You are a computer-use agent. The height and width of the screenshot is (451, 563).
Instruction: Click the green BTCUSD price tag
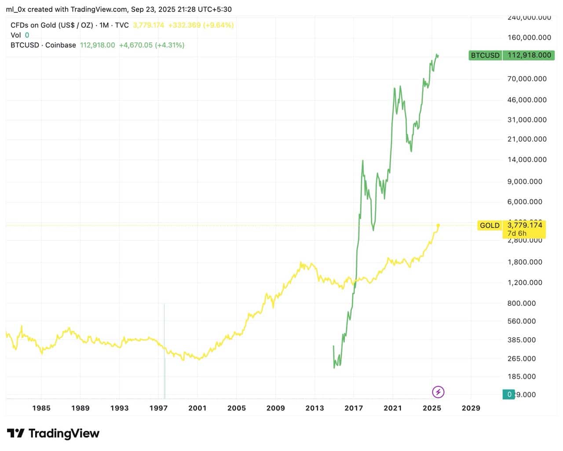coord(511,55)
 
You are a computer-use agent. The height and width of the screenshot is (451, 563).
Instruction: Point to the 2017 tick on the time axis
coord(354,408)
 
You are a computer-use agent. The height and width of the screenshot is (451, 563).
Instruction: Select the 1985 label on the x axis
coord(41,408)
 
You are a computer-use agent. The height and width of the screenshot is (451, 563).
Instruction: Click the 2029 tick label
coord(471,408)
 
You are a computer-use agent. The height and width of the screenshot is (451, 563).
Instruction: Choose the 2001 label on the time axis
coord(197,408)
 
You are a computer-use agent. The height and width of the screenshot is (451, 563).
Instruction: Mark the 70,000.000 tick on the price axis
coord(527,79)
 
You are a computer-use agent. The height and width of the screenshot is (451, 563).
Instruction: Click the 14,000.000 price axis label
coord(527,160)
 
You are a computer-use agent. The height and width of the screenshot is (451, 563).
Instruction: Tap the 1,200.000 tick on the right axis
coord(525,282)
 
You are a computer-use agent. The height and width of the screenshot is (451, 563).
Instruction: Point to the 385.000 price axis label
coord(522,340)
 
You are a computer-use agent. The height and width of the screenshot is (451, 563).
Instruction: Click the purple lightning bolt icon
coord(438,392)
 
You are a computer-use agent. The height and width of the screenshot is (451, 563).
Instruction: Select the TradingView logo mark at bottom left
coord(16,433)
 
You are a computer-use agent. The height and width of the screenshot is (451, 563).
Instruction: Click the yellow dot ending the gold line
coord(438,226)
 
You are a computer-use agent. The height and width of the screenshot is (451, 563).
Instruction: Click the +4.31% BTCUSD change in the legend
coord(170,45)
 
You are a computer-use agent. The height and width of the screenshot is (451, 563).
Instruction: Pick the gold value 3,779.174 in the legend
coord(148,25)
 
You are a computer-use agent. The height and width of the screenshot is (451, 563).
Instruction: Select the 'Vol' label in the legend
coord(15,35)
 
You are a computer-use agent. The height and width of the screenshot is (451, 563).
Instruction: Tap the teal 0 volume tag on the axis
coord(509,394)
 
